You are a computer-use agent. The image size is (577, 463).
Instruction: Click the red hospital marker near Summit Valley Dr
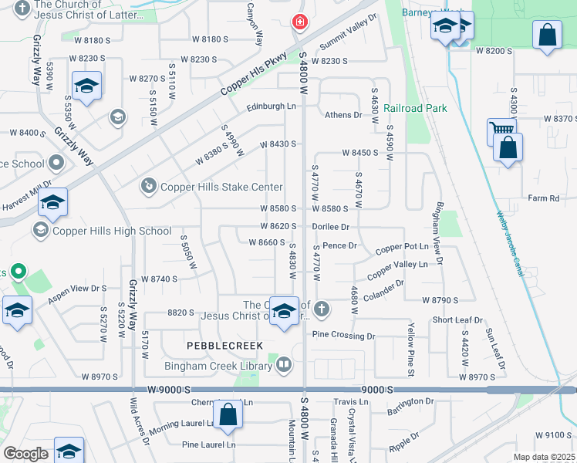pyautogui.click(x=299, y=24)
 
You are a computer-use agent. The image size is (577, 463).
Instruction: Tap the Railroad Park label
pyautogui.click(x=416, y=109)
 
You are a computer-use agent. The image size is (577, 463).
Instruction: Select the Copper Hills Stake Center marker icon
pyautogui.click(x=147, y=186)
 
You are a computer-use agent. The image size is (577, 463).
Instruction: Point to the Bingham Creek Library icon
pyautogui.click(x=284, y=363)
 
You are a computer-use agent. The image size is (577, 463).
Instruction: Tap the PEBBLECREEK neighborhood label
pyautogui.click(x=224, y=345)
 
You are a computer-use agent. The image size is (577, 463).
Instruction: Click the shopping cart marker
pyautogui.click(x=499, y=132)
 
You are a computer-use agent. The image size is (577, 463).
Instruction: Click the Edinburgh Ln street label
pyautogui.click(x=272, y=106)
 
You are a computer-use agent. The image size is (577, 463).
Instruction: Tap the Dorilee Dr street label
pyautogui.click(x=332, y=227)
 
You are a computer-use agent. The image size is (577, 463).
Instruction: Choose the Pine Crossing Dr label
pyautogui.click(x=343, y=336)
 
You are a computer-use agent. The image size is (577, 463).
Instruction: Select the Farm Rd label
pyautogui.click(x=544, y=198)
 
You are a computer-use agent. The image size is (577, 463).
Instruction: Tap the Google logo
pyautogui.click(x=25, y=454)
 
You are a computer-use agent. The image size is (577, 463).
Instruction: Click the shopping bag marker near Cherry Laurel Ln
pyautogui.click(x=229, y=415)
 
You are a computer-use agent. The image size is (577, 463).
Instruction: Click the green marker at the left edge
pyautogui.click(x=18, y=272)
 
